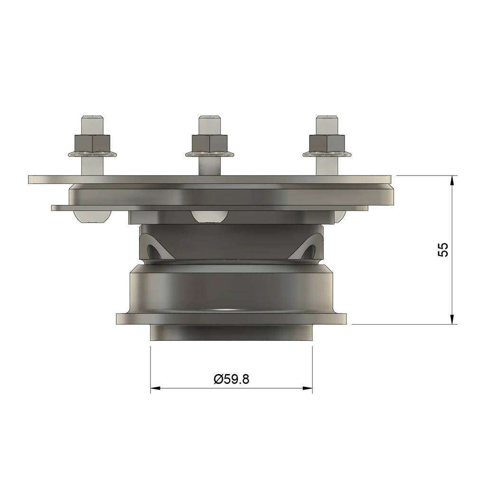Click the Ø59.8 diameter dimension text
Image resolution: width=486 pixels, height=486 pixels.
[x=231, y=379]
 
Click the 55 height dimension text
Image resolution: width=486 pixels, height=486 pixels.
[x=443, y=250]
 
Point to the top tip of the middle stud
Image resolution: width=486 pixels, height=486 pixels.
[x=209, y=116]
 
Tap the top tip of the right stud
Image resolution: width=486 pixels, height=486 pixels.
[x=327, y=116]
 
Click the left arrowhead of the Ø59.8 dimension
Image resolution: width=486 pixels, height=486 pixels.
[x=155, y=388]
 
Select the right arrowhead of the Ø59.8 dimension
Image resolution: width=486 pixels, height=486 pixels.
[x=308, y=388]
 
